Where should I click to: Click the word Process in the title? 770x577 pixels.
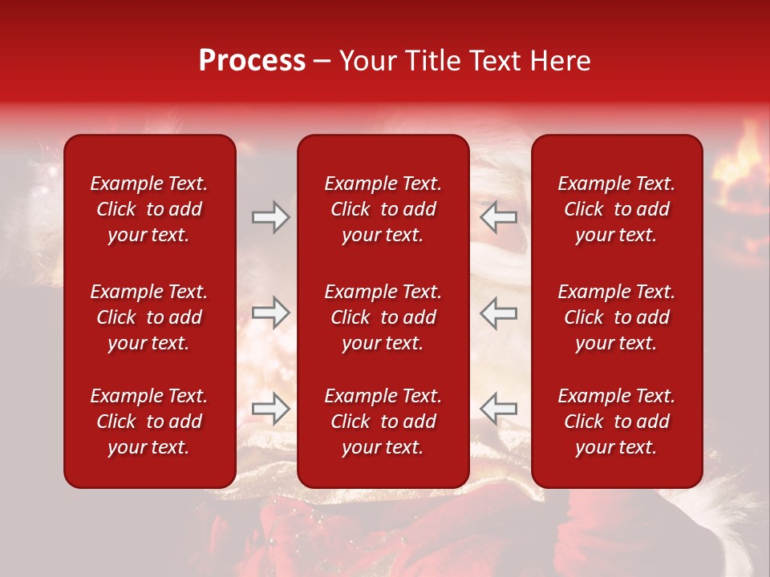click(x=252, y=61)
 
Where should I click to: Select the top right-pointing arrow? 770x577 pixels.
click(x=270, y=217)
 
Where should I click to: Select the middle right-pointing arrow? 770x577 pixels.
click(x=270, y=313)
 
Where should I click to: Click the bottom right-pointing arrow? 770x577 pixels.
click(x=270, y=408)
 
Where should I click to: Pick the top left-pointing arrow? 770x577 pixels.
click(x=499, y=217)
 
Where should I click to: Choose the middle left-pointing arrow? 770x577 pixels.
click(x=499, y=313)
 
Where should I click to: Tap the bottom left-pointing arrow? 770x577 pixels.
click(x=499, y=408)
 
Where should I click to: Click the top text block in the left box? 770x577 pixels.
click(x=149, y=209)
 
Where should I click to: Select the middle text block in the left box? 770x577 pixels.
click(x=149, y=317)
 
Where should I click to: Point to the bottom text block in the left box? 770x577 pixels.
click(x=149, y=422)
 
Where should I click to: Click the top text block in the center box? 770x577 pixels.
click(x=383, y=209)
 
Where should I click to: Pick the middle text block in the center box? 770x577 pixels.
click(x=383, y=317)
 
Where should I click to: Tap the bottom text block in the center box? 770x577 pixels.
click(x=383, y=422)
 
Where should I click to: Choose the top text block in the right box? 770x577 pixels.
click(x=616, y=209)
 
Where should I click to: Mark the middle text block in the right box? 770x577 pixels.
click(x=616, y=317)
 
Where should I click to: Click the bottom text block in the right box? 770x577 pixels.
click(x=616, y=422)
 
